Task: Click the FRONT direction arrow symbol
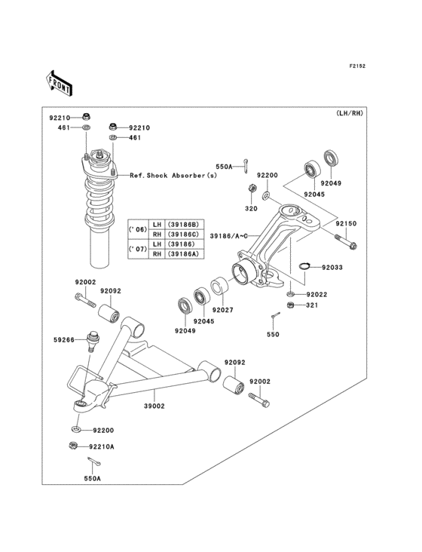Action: click(x=60, y=81)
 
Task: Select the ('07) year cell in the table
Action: click(x=138, y=249)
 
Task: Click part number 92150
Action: click(x=346, y=224)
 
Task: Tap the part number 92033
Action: click(x=332, y=267)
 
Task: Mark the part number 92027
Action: click(x=223, y=310)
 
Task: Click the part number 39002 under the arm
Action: click(x=154, y=405)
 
